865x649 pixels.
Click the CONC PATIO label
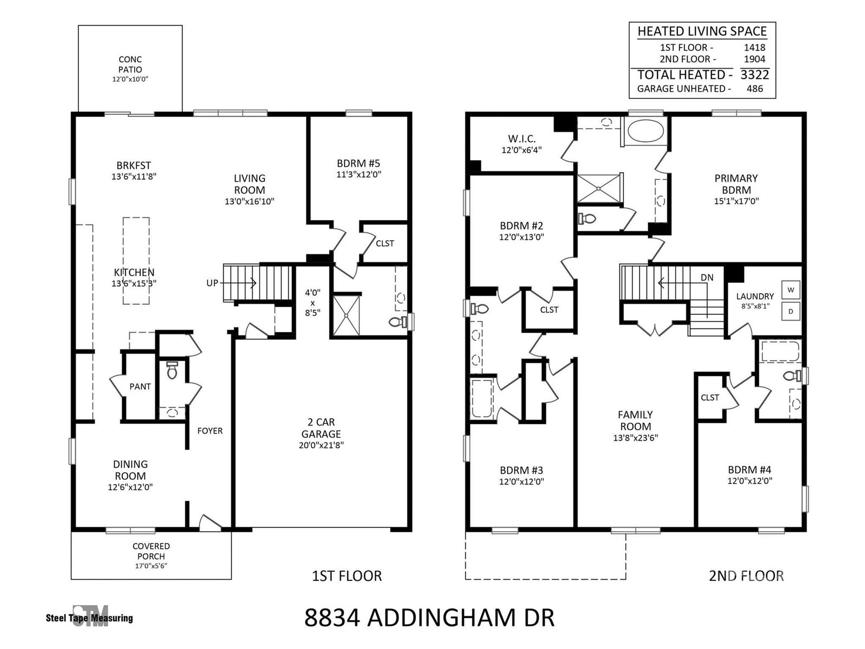[130, 64]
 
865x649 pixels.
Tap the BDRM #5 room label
[358, 163]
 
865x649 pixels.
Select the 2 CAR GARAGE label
[321, 428]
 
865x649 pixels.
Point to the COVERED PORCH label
[151, 551]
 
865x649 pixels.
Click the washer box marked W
[790, 290]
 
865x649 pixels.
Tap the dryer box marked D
[790, 312]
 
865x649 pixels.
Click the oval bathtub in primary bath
[645, 131]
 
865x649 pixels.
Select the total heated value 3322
[754, 75]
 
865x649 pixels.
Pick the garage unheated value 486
[755, 89]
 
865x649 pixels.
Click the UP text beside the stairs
[212, 283]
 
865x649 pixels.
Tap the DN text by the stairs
[707, 277]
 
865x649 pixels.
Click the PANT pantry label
[140, 387]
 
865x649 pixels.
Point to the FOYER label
[210, 431]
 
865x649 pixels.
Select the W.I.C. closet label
[521, 138]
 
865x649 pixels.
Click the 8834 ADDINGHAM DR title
[429, 618]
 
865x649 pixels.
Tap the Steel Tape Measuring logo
[89, 617]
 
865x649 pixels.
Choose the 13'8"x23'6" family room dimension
[635, 438]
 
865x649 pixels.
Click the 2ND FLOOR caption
[746, 575]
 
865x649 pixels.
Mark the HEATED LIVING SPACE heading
[702, 31]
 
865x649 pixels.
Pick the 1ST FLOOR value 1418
[754, 48]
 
